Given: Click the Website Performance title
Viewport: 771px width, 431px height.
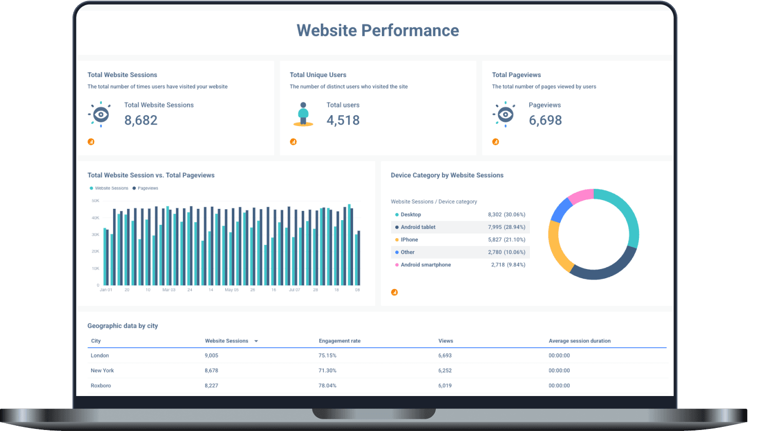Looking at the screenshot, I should pos(378,30).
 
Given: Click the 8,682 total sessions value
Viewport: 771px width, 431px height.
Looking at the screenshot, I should pos(141,120).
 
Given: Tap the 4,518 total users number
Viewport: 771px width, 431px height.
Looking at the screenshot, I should pos(343,120).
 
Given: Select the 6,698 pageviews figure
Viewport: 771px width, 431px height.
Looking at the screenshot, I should pos(545,120).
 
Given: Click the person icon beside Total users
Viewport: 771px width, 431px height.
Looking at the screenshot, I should pos(303,114).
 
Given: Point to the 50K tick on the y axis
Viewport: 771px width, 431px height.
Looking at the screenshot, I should pos(96,201).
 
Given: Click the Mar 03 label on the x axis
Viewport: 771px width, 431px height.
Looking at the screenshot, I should pos(169,290).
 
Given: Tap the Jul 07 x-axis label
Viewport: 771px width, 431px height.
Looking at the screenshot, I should pos(295,290).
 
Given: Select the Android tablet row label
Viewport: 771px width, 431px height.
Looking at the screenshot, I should pos(418,227).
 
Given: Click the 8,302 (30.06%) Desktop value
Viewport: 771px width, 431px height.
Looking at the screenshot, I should pos(506,214).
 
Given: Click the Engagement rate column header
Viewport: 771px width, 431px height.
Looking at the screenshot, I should pos(339,341).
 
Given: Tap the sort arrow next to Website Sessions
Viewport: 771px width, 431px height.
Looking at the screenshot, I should pos(256,342).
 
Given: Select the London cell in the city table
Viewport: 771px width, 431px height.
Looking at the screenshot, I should pos(100,355).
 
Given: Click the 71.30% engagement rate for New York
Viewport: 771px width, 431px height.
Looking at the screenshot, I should pos(327,370).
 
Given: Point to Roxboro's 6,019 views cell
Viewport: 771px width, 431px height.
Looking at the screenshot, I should pos(445,385).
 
